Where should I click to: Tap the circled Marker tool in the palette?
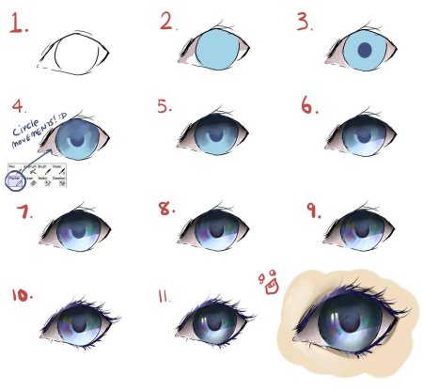click(14, 179)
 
